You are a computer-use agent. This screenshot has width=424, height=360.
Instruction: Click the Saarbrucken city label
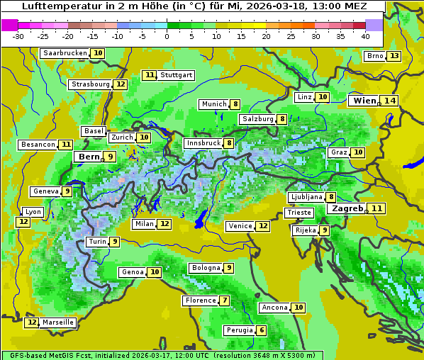(65, 53)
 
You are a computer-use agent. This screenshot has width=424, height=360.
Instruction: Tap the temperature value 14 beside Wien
(390, 101)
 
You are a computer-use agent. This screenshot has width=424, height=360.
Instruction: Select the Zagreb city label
(347, 208)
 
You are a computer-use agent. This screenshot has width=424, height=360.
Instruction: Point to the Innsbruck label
(203, 143)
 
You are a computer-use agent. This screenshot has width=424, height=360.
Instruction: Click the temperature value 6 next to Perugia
(262, 330)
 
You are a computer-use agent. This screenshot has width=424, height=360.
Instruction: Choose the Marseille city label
(58, 322)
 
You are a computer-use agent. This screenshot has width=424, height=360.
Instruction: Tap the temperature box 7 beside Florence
(225, 300)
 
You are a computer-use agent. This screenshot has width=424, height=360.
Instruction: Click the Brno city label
(374, 56)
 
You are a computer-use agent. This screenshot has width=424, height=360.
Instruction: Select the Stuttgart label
(177, 75)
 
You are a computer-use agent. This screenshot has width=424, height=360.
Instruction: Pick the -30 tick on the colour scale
(18, 36)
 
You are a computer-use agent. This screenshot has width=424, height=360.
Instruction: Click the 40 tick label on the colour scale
(365, 36)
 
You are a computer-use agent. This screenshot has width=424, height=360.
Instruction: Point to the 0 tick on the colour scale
(167, 36)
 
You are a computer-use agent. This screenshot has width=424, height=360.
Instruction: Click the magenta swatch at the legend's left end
(9, 25)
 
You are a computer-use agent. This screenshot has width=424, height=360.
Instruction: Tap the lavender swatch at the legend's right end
(374, 25)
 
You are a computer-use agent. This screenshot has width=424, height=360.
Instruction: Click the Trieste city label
(299, 213)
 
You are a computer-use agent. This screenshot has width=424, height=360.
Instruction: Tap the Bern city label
(89, 157)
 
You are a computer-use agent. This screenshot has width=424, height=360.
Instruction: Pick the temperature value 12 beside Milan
(164, 224)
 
